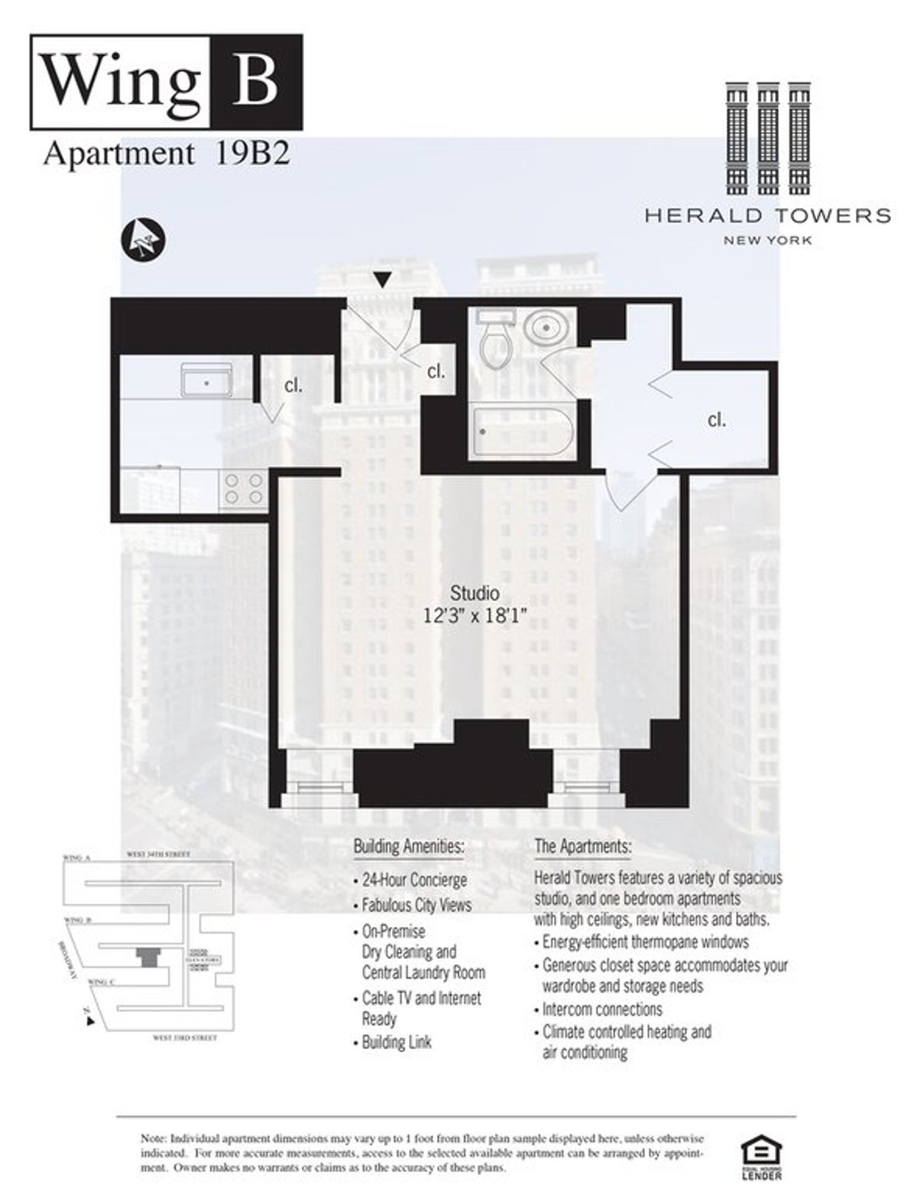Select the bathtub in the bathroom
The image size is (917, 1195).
pyautogui.click(x=522, y=432)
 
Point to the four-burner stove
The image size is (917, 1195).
pyautogui.click(x=244, y=489)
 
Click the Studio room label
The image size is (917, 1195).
pyautogui.click(x=475, y=593)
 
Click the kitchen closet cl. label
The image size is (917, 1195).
pyautogui.click(x=293, y=386)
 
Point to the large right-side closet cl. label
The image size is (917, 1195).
pyautogui.click(x=716, y=419)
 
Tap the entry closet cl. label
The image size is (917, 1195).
pyautogui.click(x=436, y=372)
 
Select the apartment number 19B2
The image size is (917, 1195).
pyautogui.click(x=248, y=154)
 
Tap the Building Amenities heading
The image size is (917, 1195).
pyautogui.click(x=408, y=847)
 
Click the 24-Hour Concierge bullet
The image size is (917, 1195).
pyautogui.click(x=414, y=880)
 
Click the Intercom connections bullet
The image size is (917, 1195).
pyautogui.click(x=602, y=1009)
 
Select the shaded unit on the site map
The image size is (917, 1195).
pyautogui.click(x=147, y=956)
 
